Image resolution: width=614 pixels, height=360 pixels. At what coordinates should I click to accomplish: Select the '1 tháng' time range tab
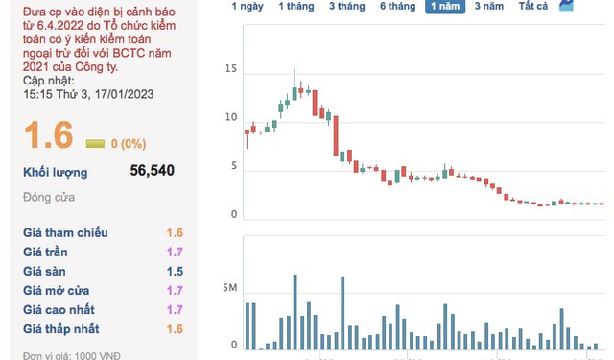point(295,6)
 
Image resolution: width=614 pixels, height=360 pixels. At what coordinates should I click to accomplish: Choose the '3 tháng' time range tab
point(345,6)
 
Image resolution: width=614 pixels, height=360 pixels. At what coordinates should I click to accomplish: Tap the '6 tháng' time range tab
point(397,6)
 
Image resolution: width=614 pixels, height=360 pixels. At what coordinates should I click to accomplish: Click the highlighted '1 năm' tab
point(446,6)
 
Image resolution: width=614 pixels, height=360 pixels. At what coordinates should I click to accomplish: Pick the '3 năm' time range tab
point(489,6)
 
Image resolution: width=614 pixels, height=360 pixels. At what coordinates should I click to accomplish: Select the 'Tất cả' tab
point(532,6)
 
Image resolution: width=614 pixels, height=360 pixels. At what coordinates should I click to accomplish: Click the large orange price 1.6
point(49,135)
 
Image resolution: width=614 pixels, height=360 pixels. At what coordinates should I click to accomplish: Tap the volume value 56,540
point(152,171)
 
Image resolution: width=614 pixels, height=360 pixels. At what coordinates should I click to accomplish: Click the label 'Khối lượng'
point(55,172)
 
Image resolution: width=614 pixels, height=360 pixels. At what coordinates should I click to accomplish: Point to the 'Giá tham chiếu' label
point(65,232)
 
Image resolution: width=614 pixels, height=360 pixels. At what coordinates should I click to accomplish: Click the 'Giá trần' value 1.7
point(174,252)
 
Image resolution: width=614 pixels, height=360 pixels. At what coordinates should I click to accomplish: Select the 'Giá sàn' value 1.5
point(174,271)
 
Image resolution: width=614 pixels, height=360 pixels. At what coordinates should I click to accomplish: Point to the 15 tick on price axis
point(229,69)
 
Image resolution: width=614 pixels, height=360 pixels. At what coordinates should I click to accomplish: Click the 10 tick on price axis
point(229,117)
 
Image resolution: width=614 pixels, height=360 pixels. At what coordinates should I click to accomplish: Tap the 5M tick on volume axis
point(227,288)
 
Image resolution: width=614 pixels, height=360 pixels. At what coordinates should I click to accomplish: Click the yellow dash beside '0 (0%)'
point(95,143)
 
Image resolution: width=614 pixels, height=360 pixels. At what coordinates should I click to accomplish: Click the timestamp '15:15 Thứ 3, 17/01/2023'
point(89,94)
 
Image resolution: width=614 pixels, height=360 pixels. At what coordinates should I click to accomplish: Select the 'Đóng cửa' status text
point(49,197)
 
